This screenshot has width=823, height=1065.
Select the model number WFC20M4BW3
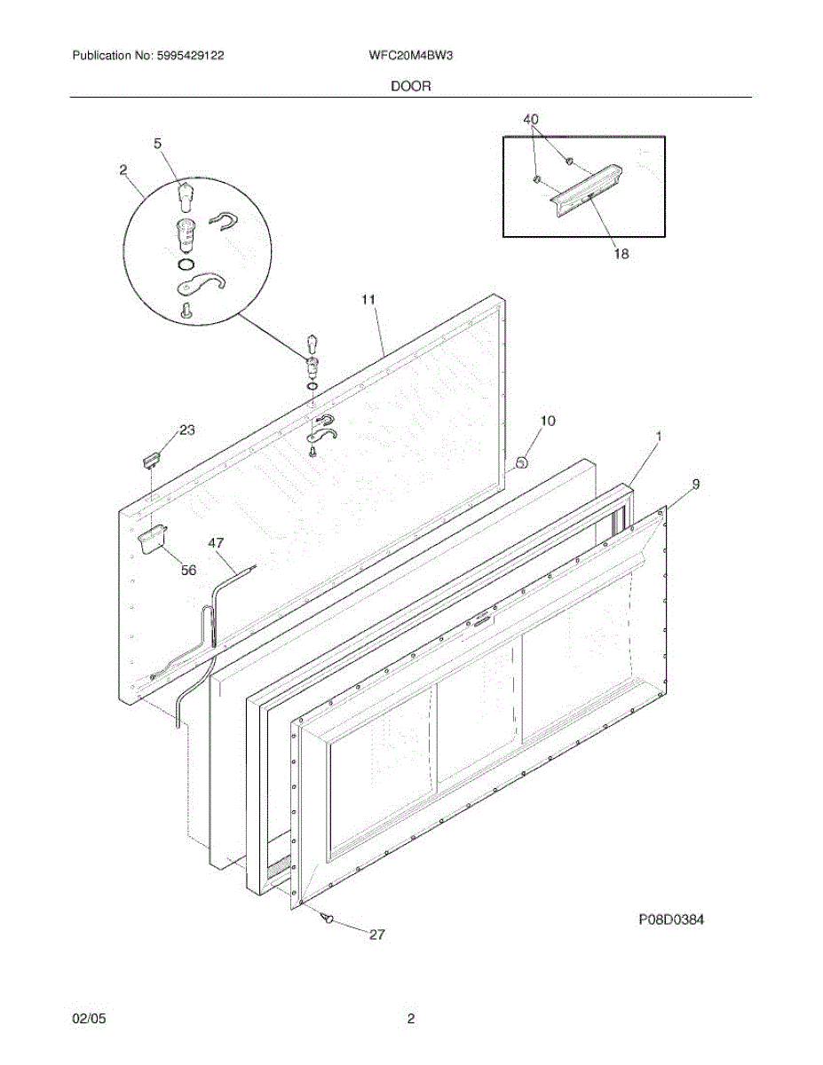412,55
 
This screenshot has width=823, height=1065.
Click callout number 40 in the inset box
530,119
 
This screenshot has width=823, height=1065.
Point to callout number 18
621,254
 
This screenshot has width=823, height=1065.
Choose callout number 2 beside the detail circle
123,169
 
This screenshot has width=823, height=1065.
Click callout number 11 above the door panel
368,300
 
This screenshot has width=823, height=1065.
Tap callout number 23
186,430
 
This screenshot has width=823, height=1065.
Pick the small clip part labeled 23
151,458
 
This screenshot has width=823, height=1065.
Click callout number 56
188,571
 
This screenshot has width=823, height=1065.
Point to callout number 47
217,541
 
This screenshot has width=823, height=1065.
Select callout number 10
548,421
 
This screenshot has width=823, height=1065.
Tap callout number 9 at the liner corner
696,484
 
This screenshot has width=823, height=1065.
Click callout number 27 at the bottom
376,935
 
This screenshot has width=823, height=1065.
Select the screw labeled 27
328,919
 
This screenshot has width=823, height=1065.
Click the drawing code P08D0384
671,920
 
